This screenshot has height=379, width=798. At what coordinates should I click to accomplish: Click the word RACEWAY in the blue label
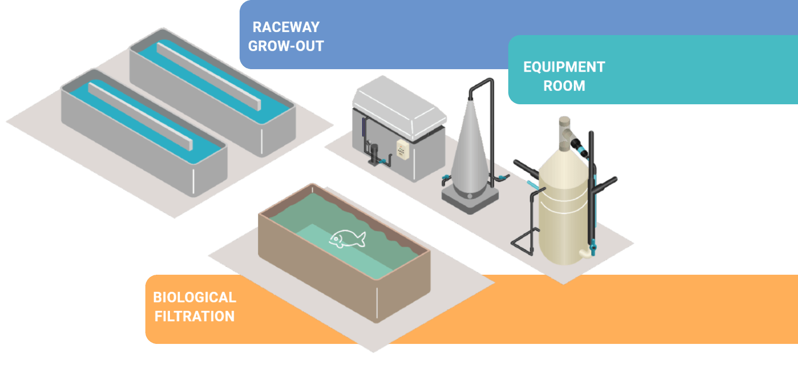pyautogui.click(x=286, y=27)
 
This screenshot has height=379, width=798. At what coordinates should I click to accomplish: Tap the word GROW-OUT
pyautogui.click(x=286, y=46)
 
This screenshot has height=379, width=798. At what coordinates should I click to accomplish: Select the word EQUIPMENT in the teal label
pyautogui.click(x=564, y=67)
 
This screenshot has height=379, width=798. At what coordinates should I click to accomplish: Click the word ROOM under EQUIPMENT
pyautogui.click(x=564, y=86)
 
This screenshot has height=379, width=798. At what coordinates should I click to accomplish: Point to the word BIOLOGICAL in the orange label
pyautogui.click(x=194, y=297)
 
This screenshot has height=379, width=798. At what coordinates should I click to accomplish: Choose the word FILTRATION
pyautogui.click(x=194, y=316)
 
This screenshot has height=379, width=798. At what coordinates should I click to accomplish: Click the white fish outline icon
pyautogui.click(x=347, y=239)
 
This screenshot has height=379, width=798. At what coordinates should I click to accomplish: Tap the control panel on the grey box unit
pyautogui.click(x=403, y=149)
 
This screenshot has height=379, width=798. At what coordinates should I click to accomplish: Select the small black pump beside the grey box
pyautogui.click(x=373, y=154)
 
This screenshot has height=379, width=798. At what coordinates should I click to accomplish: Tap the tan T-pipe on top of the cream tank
pyautogui.click(x=565, y=131)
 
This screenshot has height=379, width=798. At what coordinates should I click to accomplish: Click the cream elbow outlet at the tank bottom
pyautogui.click(x=585, y=253)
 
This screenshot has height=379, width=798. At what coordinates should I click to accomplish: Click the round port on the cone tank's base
pyautogui.click(x=470, y=196)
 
